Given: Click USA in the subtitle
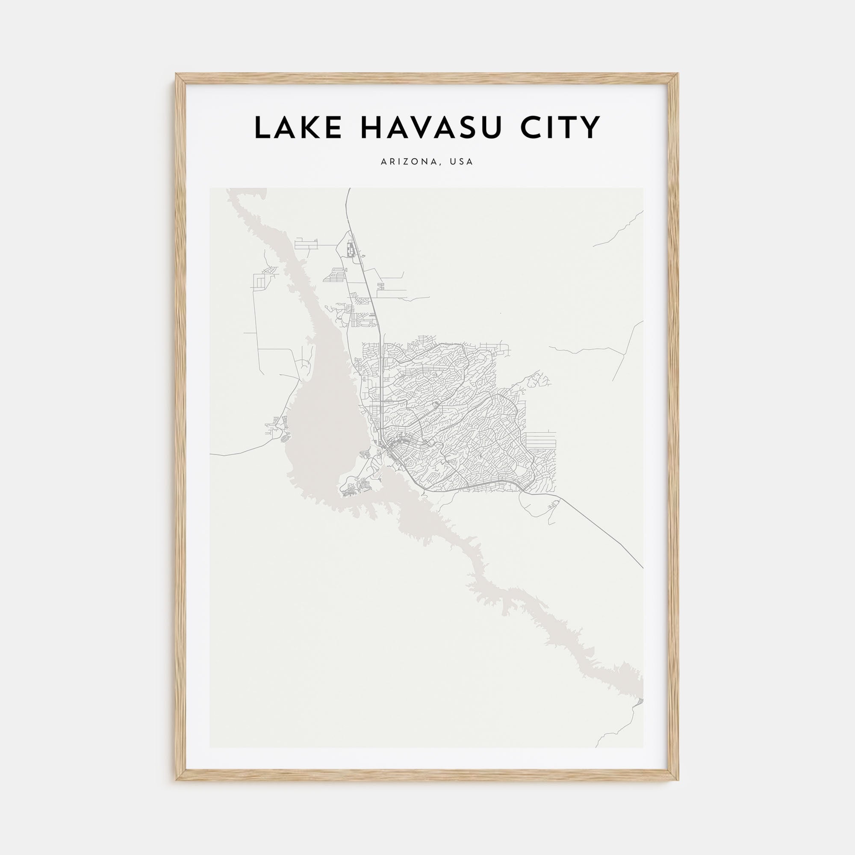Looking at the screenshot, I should pos(461,162).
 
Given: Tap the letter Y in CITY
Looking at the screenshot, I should pos(591,127).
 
